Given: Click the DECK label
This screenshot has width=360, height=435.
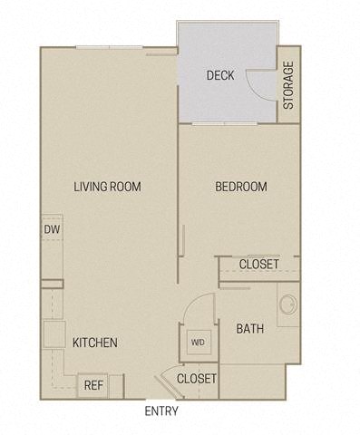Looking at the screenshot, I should (x=220, y=75).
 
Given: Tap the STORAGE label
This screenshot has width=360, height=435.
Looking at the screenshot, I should (x=288, y=86).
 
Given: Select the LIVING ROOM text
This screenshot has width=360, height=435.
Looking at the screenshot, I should (x=108, y=187).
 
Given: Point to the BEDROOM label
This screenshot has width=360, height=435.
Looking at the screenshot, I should (x=240, y=187).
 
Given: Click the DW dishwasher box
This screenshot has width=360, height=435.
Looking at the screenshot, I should (x=51, y=229).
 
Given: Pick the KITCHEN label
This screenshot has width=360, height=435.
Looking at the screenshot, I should (x=95, y=343).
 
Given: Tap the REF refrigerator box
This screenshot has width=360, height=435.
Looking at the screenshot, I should (x=93, y=384).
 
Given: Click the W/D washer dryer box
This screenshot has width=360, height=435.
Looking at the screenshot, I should (x=198, y=343).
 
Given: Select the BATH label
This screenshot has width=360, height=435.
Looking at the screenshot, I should (x=250, y=329).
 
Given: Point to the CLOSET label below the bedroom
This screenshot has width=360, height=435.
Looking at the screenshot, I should (x=258, y=265).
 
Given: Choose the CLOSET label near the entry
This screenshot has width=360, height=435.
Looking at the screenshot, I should (x=197, y=378).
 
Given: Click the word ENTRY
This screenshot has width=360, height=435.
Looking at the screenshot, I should (x=161, y=411).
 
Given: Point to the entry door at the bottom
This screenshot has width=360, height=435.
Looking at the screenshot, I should (x=163, y=382).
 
